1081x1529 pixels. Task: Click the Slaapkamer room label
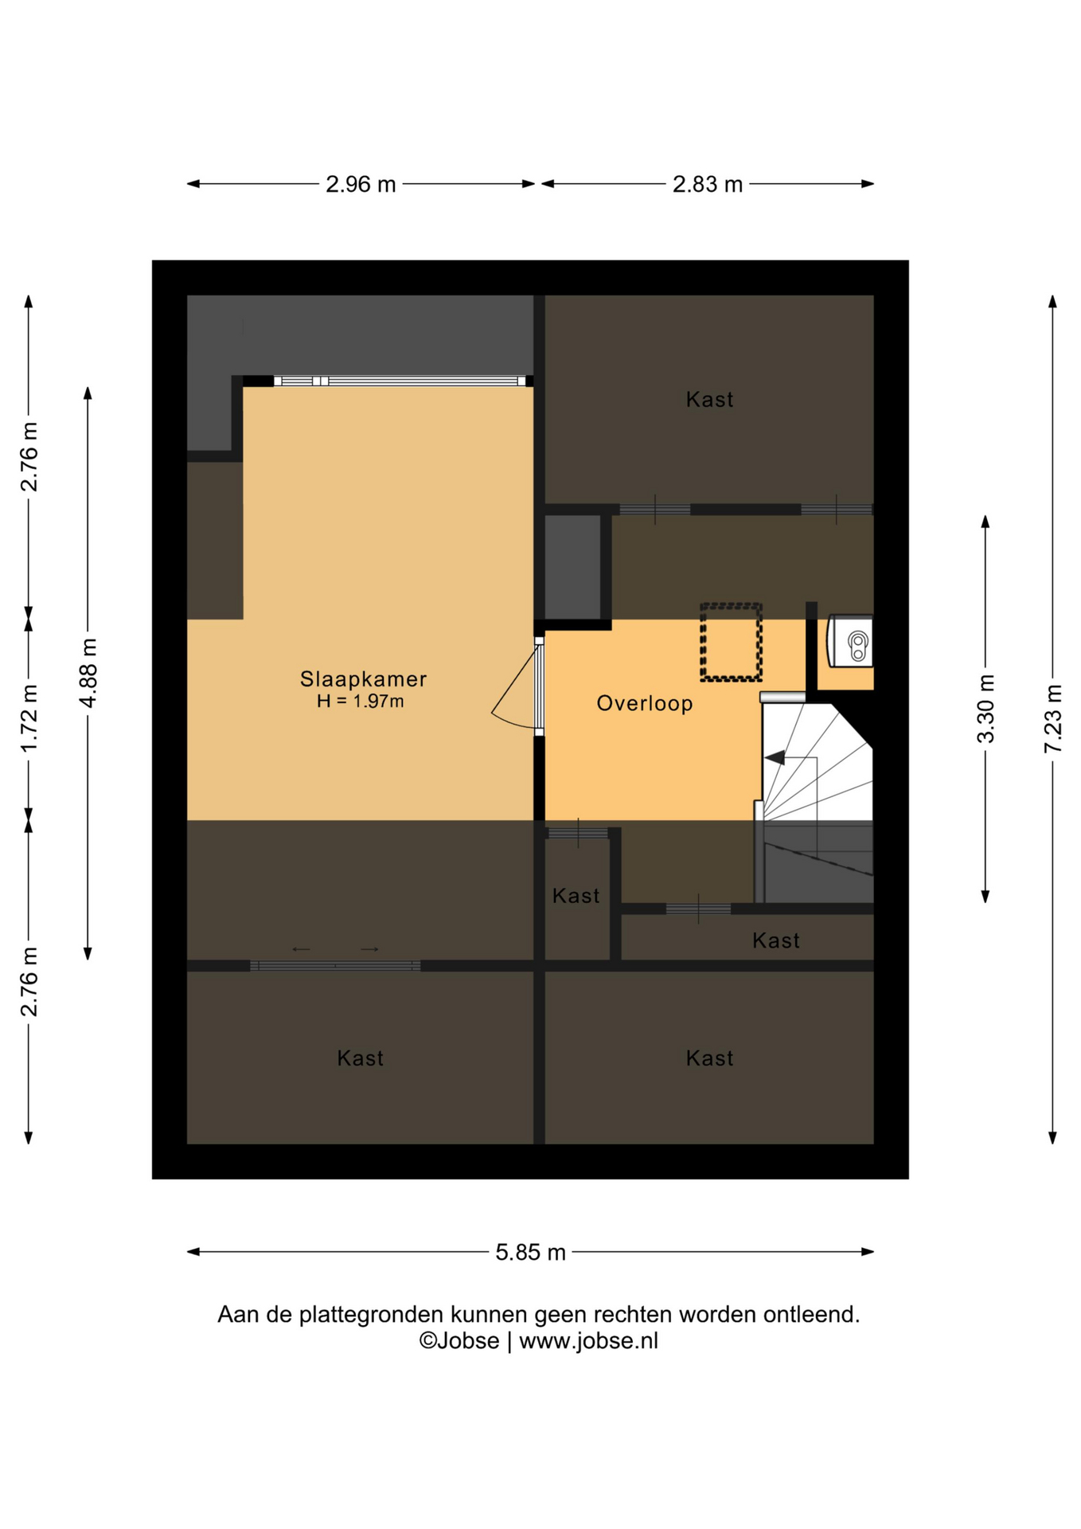363,678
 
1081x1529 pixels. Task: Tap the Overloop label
645,703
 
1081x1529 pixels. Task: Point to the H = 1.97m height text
360,701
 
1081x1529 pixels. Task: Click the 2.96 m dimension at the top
361,184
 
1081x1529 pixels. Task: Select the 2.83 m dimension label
708,184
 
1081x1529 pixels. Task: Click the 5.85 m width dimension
530,1253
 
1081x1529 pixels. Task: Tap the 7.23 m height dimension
1053,718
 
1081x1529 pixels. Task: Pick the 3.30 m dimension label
985,708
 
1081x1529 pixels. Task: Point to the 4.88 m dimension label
88,673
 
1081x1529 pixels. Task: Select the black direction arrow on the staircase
775,757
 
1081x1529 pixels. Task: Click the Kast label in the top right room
709,399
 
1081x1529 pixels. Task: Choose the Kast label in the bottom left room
360,1058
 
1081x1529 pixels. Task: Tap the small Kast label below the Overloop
576,896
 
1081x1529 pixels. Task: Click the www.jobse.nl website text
588,1341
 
